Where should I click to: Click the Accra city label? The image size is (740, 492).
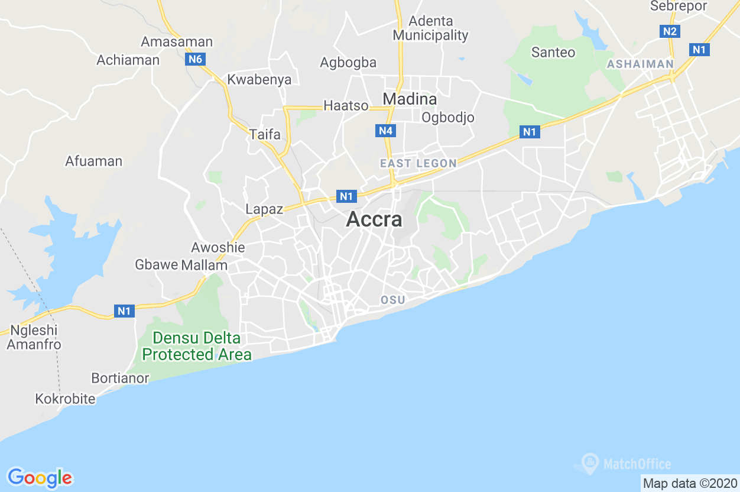[x=374, y=219]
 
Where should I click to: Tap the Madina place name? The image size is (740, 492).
[x=410, y=99]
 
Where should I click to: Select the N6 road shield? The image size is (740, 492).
[x=194, y=59]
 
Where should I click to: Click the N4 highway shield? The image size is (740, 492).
[x=385, y=131]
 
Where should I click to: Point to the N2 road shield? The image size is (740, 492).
[x=670, y=31]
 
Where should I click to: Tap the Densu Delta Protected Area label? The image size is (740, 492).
[x=197, y=347]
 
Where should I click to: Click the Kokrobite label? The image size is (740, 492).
[x=65, y=399]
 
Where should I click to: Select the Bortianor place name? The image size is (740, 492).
[x=120, y=378]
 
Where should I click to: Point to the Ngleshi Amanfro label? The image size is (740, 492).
[x=34, y=338]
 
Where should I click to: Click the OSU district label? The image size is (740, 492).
[x=393, y=300]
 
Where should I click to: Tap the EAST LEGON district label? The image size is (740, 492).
[x=418, y=163]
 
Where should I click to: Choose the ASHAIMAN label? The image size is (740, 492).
[x=640, y=64]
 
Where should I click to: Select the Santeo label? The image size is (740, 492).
[x=553, y=53]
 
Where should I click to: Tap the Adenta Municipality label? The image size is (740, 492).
[x=430, y=28]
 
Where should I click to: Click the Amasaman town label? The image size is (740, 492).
[x=177, y=42]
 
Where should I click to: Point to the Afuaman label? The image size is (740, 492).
[x=93, y=161]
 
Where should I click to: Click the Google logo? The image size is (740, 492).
[x=40, y=477]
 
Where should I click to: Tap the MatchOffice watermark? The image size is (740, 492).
[x=627, y=464]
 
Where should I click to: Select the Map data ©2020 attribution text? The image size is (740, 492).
[x=690, y=483]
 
